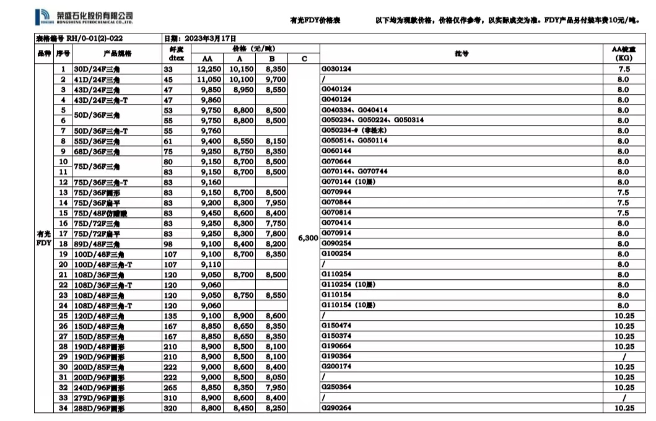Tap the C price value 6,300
coord(308,238)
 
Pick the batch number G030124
coord(336,69)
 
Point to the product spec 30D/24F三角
coord(97,69)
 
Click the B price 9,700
coord(275,79)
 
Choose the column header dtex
coord(174,59)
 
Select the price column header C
coord(304,59)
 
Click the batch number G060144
coord(336,151)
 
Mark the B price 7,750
coord(275,224)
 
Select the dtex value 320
coord(170,408)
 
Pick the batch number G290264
coord(336,408)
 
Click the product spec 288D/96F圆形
coord(100,408)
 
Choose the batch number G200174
coord(336,367)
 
